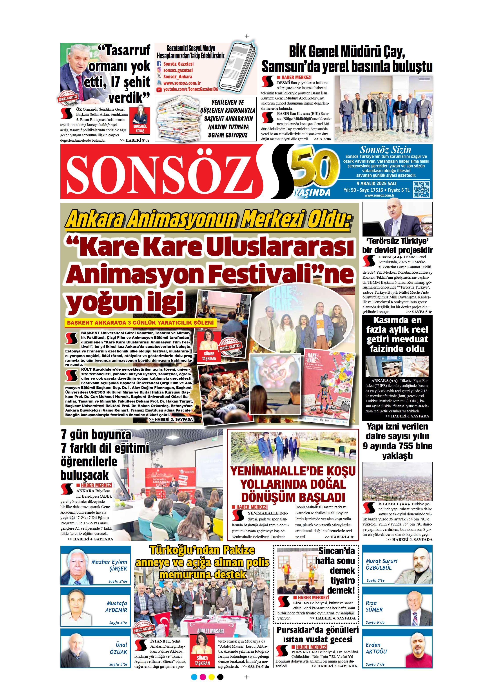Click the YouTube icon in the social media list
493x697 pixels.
(159, 90)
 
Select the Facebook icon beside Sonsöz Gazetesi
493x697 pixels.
(159, 64)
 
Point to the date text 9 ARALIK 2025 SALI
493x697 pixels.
(376, 183)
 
